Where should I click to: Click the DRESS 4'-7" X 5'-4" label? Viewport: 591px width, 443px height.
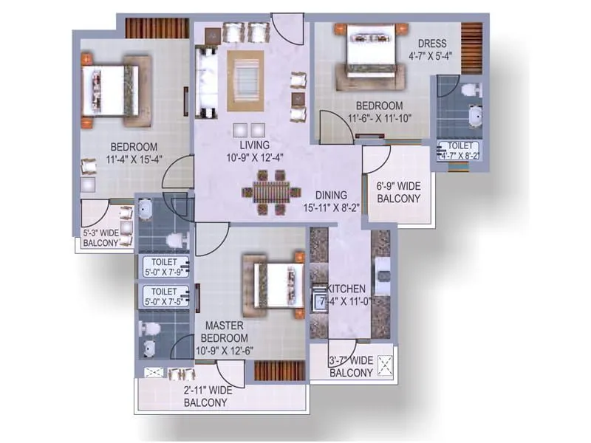[x=432, y=49]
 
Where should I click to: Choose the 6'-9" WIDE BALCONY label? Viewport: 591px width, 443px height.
[x=398, y=193]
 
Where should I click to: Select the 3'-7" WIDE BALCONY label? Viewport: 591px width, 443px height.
[x=351, y=367]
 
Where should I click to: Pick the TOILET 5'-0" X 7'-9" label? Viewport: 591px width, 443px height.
[x=165, y=267]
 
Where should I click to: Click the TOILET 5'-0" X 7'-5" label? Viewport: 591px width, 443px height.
[x=165, y=296]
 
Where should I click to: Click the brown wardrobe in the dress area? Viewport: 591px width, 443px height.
[x=471, y=48]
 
